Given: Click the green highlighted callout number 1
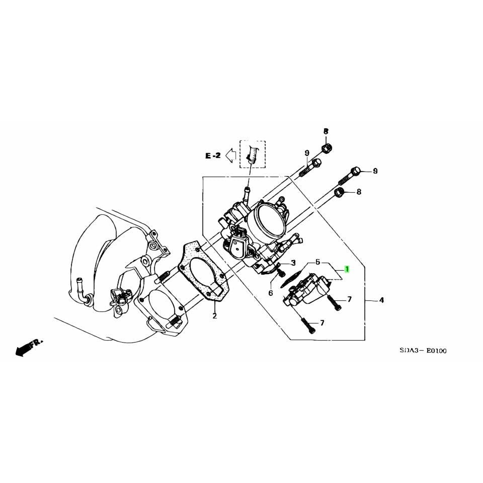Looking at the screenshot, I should click(346, 270).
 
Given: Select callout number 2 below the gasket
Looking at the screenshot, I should click(214, 316).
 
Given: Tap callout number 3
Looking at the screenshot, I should click(293, 263).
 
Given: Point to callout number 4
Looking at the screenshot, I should click(381, 300).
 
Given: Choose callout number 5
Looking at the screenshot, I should click(317, 262).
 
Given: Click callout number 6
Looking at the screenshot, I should click(270, 293).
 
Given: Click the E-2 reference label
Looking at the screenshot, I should click(212, 156).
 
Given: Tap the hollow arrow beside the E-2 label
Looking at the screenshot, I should click(231, 156).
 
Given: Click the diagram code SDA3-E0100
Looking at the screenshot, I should click(423, 351).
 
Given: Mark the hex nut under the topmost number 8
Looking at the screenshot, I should click(326, 148).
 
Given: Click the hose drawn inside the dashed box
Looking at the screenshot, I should click(253, 154).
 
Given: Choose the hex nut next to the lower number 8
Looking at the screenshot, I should click(340, 192).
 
